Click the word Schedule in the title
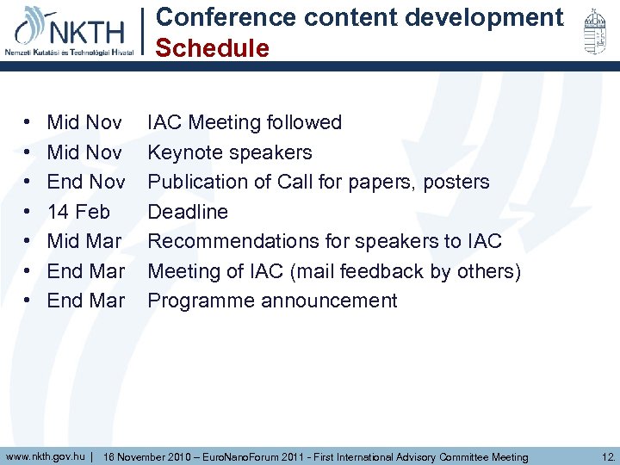212,49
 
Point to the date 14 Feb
78,212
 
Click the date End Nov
86,182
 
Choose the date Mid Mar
84,241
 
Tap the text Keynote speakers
230,152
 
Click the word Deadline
188,212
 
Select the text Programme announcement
272,301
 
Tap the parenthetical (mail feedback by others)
406,271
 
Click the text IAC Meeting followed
245,122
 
